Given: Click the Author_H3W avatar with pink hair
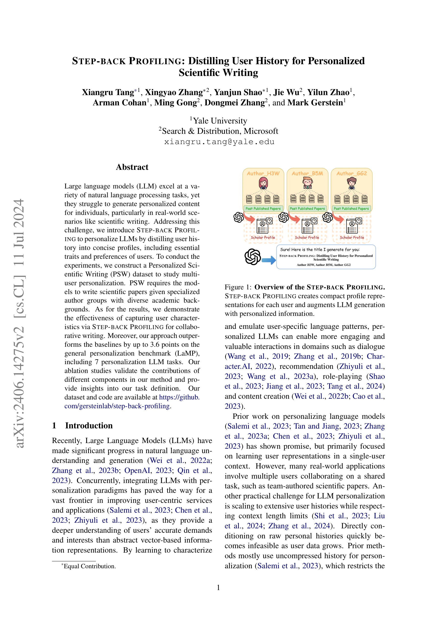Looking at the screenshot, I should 263,184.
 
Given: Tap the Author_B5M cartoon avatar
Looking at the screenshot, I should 307,184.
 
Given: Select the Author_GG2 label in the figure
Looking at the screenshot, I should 351,173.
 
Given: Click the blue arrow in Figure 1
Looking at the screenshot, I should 268,260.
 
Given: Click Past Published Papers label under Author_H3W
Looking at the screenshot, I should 263,208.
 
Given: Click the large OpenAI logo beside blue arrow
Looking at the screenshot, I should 253,257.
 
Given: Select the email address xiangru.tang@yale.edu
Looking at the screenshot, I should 219,142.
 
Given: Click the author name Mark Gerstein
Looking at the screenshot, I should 315,103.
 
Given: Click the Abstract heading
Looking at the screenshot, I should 132,167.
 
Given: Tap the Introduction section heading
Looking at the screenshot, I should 89,425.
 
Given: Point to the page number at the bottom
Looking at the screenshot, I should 218,587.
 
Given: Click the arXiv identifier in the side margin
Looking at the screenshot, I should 19,323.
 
